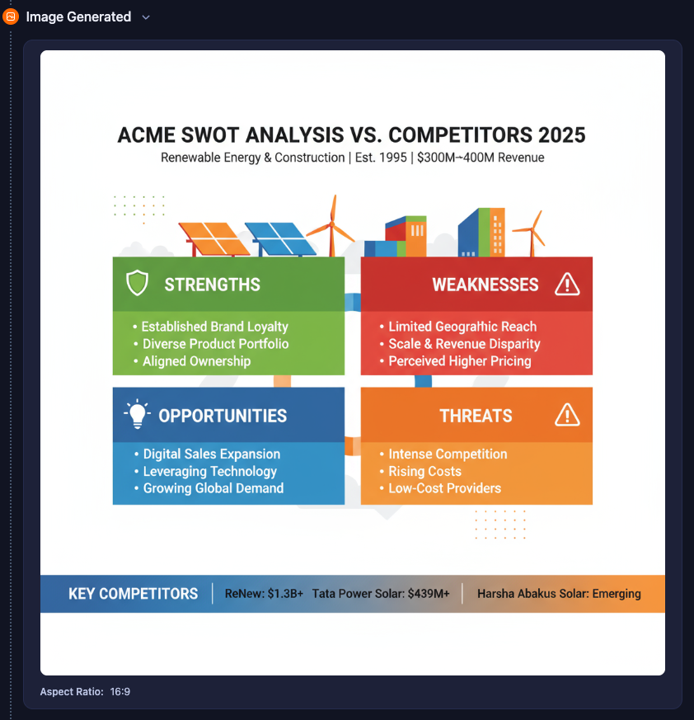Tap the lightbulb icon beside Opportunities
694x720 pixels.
click(138, 414)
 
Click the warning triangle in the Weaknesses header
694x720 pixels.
click(567, 285)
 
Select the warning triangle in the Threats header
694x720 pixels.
click(567, 415)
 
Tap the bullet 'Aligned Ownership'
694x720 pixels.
click(196, 361)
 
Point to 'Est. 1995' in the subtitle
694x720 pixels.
click(381, 158)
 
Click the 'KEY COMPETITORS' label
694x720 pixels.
click(133, 594)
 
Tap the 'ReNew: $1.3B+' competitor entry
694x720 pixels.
click(264, 594)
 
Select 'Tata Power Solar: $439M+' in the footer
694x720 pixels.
click(381, 594)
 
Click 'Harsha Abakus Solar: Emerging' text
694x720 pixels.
click(559, 594)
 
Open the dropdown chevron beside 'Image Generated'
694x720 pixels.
click(146, 17)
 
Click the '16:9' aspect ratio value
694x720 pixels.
click(120, 692)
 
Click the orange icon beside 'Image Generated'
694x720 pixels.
click(11, 17)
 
